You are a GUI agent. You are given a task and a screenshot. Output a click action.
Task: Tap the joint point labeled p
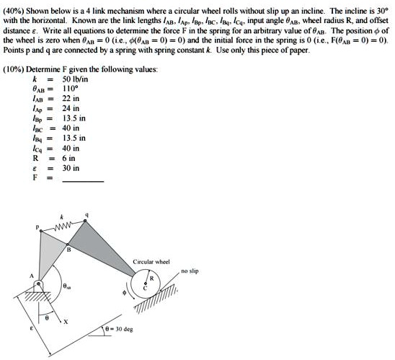coord(41,230)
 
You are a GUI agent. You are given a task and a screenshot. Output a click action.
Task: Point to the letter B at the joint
coord(69,251)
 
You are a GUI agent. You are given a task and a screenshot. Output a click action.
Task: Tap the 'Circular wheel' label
coord(151,261)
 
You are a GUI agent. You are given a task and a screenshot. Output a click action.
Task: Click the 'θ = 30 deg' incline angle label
coord(118,328)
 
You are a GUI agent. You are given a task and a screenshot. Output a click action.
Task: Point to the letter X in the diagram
coord(65,321)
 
